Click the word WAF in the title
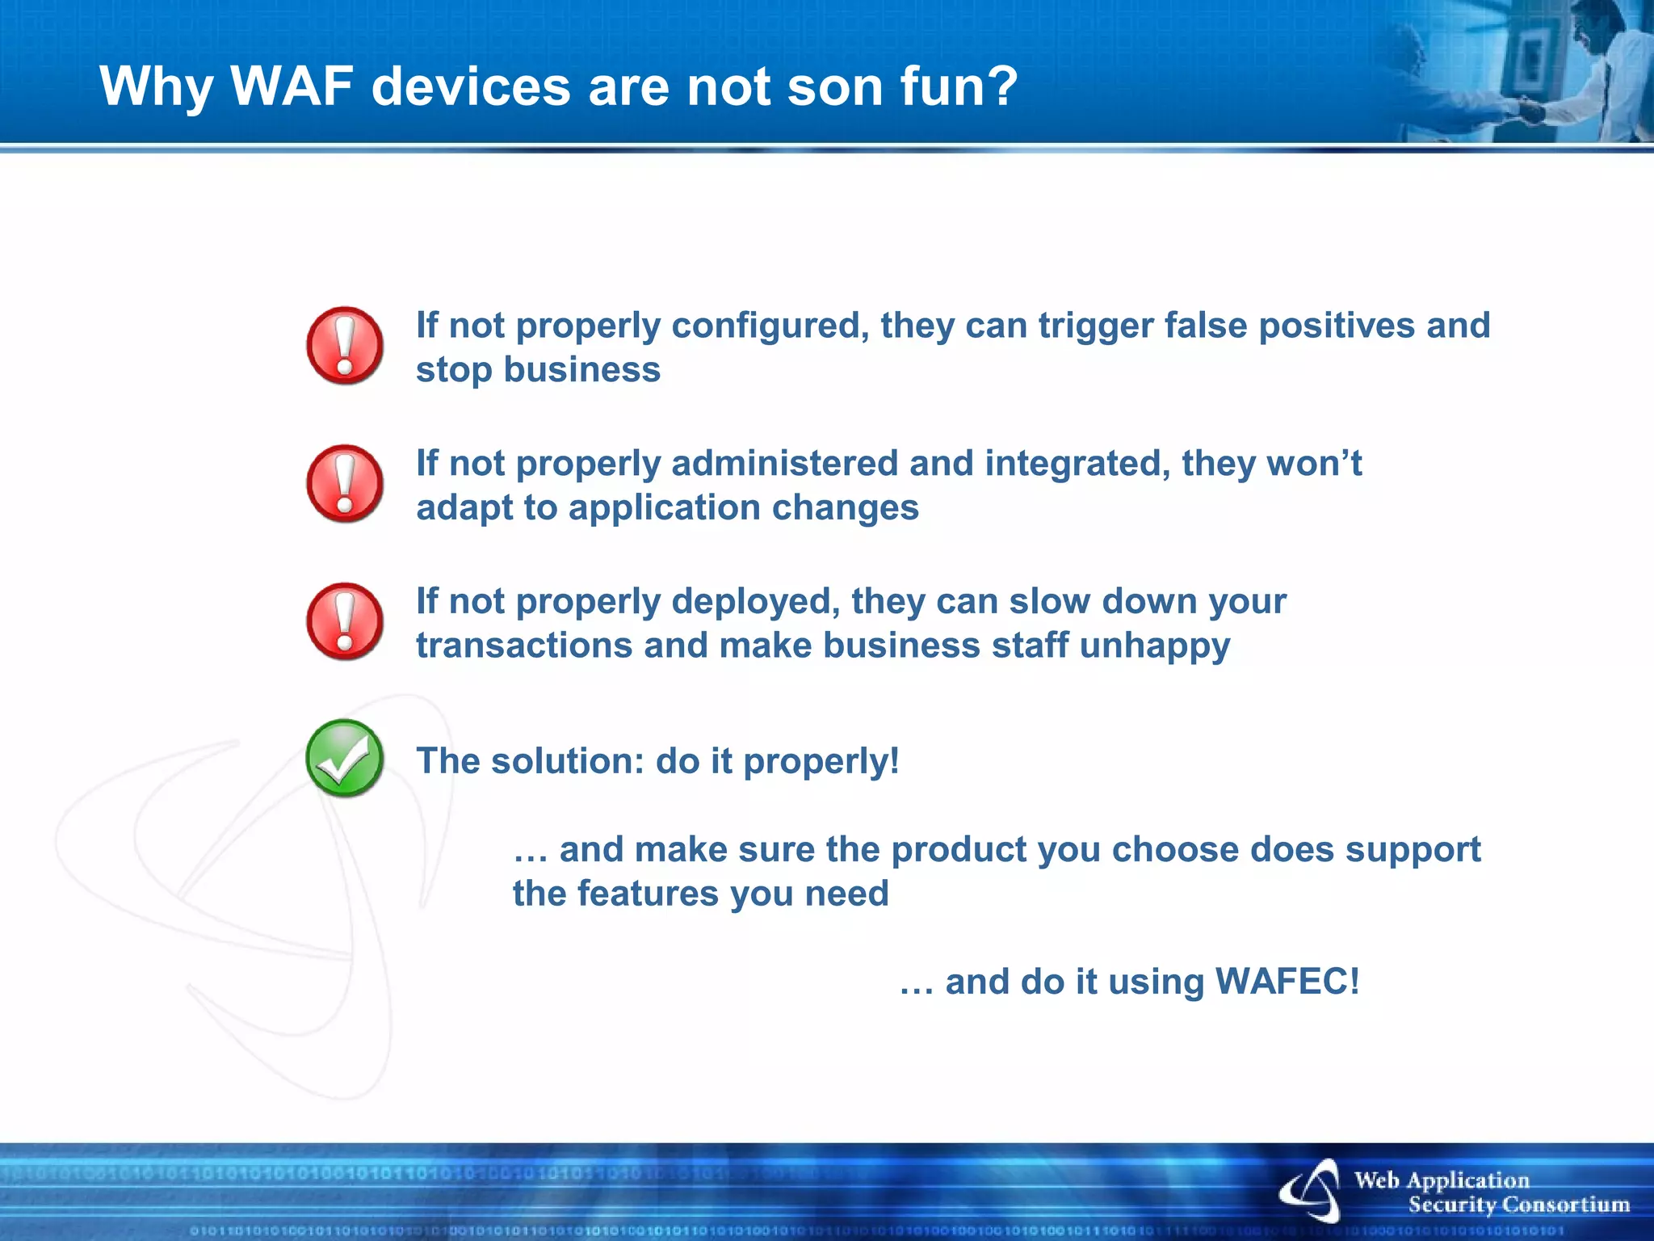click(x=292, y=86)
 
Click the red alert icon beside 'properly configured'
click(x=345, y=346)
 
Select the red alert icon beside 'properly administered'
click(x=345, y=483)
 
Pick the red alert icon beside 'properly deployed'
click(x=345, y=621)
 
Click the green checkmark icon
click(x=345, y=758)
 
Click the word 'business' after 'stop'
click(x=582, y=370)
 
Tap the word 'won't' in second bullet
click(x=1314, y=464)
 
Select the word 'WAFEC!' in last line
click(x=1287, y=982)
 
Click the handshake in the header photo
click(x=1530, y=111)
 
